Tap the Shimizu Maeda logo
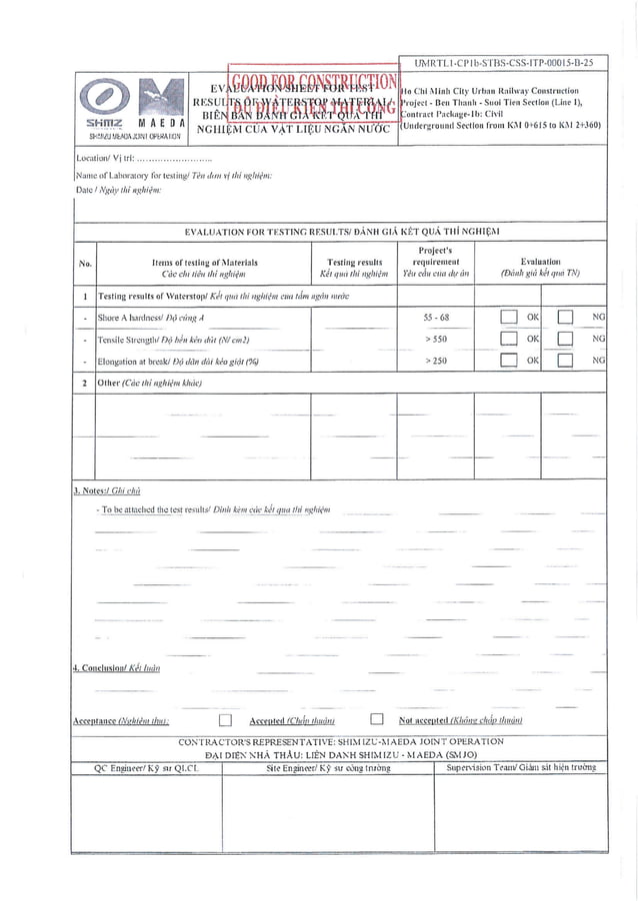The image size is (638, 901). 133,111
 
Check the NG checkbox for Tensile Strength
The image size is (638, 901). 566,339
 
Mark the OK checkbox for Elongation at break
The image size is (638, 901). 509,360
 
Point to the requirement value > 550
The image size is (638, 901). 435,339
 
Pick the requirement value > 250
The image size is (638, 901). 435,360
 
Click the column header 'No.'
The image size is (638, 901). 85,264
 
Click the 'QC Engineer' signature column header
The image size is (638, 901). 146,767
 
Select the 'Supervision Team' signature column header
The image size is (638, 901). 520,767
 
